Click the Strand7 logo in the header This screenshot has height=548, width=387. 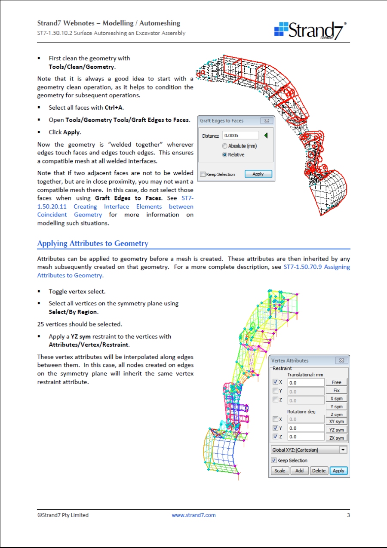pyautogui.click(x=310, y=30)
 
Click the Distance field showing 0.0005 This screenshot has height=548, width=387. pyautogui.click(x=241, y=135)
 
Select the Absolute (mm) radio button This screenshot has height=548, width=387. pyautogui.click(x=225, y=146)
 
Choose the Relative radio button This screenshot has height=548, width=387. pyautogui.click(x=225, y=155)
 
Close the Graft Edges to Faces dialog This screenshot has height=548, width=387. pyautogui.click(x=267, y=121)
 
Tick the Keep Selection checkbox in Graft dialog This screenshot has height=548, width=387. pyautogui.click(x=203, y=174)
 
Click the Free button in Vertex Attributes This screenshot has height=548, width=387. pyautogui.click(x=336, y=382)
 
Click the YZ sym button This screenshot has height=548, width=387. pyautogui.click(x=336, y=430)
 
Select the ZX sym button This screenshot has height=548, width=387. pyautogui.click(x=336, y=438)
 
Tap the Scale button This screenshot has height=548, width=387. pyautogui.click(x=279, y=471)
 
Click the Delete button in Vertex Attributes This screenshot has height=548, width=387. pyautogui.click(x=319, y=471)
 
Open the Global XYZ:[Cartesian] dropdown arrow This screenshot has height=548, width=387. pyautogui.click(x=343, y=450)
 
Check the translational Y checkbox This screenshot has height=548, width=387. pyautogui.click(x=276, y=391)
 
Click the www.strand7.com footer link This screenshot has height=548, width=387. pyautogui.click(x=193, y=515)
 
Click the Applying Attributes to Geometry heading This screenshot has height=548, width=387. pyautogui.click(x=93, y=243)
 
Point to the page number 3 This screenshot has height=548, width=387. pyautogui.click(x=348, y=515)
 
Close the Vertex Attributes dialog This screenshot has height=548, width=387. pyautogui.click(x=341, y=360)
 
